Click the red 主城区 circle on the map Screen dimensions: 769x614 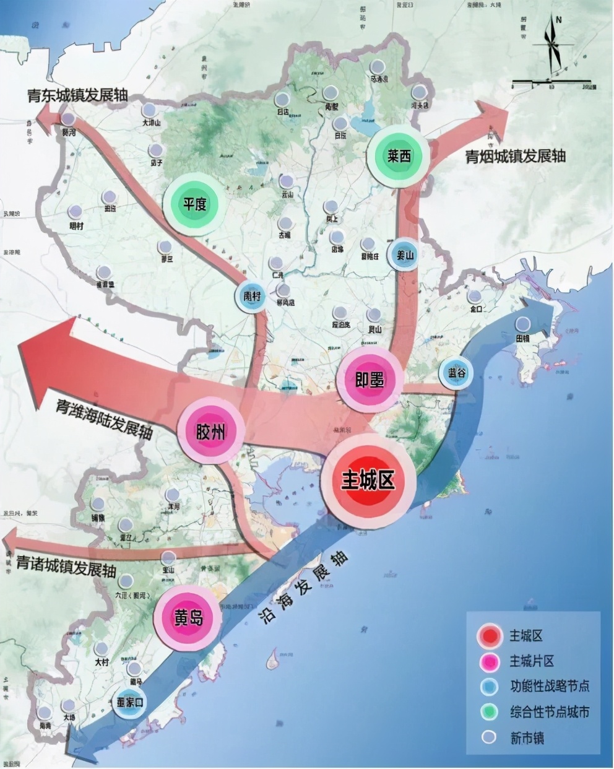point(368,480)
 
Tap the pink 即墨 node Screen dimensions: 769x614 point(370,380)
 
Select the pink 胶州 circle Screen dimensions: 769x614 point(210,432)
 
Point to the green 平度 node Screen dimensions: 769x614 point(194,203)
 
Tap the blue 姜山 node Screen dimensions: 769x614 point(404,254)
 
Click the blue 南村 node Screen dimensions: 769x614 point(252,296)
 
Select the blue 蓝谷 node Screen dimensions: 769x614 point(457,372)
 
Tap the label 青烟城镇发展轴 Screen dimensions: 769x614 point(516,156)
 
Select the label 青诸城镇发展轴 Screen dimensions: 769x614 point(66,565)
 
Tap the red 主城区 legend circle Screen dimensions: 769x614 point(490,636)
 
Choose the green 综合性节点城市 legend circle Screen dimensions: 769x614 point(490,711)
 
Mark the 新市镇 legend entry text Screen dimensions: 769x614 point(526,737)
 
